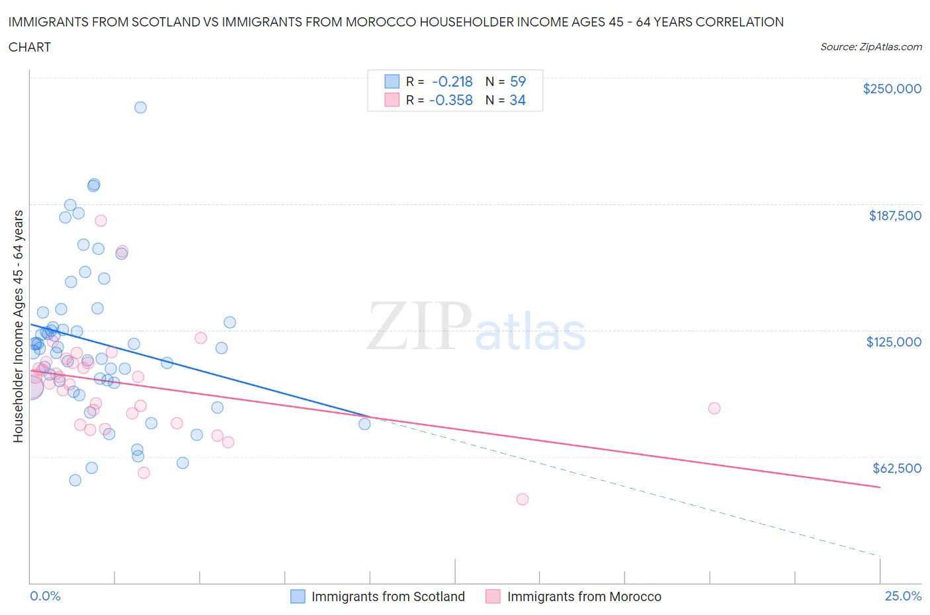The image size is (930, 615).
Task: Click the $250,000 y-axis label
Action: click(x=892, y=89)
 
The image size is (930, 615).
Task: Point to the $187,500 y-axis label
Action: click(x=894, y=216)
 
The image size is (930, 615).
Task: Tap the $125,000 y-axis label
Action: click(x=893, y=342)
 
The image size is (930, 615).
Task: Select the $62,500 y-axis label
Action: click(x=896, y=468)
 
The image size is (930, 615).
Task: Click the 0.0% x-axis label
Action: click(x=45, y=596)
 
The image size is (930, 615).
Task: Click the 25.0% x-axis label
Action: click(x=903, y=596)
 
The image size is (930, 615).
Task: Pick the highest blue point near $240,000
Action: click(x=140, y=107)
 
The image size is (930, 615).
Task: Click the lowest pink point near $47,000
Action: click(x=523, y=499)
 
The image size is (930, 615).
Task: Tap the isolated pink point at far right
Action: click(x=714, y=408)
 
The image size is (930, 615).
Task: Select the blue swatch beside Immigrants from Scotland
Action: click(x=298, y=596)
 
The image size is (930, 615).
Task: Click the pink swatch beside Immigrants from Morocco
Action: click(x=493, y=596)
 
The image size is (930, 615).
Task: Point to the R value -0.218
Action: click(x=452, y=81)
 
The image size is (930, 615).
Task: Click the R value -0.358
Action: click(x=451, y=100)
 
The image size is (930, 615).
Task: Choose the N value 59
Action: click(x=517, y=81)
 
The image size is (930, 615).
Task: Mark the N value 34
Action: click(x=517, y=100)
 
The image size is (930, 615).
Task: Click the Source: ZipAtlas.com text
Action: click(x=870, y=47)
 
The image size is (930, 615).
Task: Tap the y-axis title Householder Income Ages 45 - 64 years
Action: click(x=19, y=326)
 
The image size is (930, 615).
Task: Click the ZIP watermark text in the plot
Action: click(x=419, y=325)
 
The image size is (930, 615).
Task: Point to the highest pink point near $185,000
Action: click(x=101, y=221)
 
